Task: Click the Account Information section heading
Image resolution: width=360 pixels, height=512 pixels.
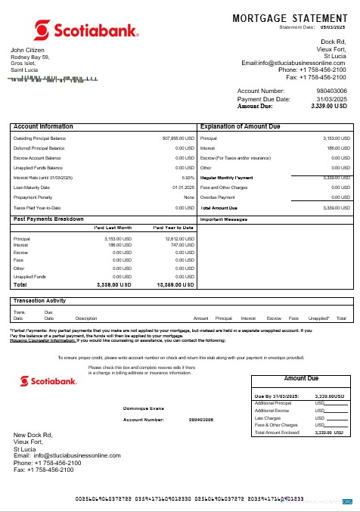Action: click(x=44, y=126)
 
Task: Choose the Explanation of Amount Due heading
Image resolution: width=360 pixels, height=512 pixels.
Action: click(x=243, y=126)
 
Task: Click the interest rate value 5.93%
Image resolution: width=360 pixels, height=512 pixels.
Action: click(x=189, y=178)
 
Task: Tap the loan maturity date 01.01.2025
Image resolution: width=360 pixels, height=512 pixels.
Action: click(x=184, y=188)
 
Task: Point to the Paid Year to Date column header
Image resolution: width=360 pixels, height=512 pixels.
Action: click(x=173, y=227)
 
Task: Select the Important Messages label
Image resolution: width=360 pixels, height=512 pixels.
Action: click(x=225, y=219)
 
